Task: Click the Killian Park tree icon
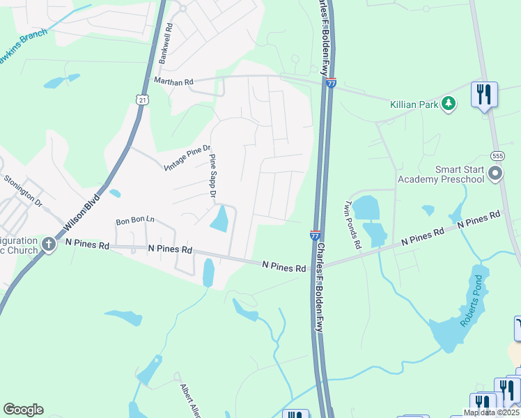tap(449, 104)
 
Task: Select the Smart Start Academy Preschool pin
tap(495, 173)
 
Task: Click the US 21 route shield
tap(142, 100)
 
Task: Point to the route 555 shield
tap(496, 156)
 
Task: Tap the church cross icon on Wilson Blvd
tap(48, 244)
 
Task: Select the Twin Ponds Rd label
tap(353, 224)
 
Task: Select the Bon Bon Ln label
tap(135, 222)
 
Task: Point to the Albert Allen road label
tap(190, 400)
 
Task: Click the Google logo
tap(23, 410)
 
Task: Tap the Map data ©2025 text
tap(491, 412)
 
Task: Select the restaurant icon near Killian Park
tap(484, 94)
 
